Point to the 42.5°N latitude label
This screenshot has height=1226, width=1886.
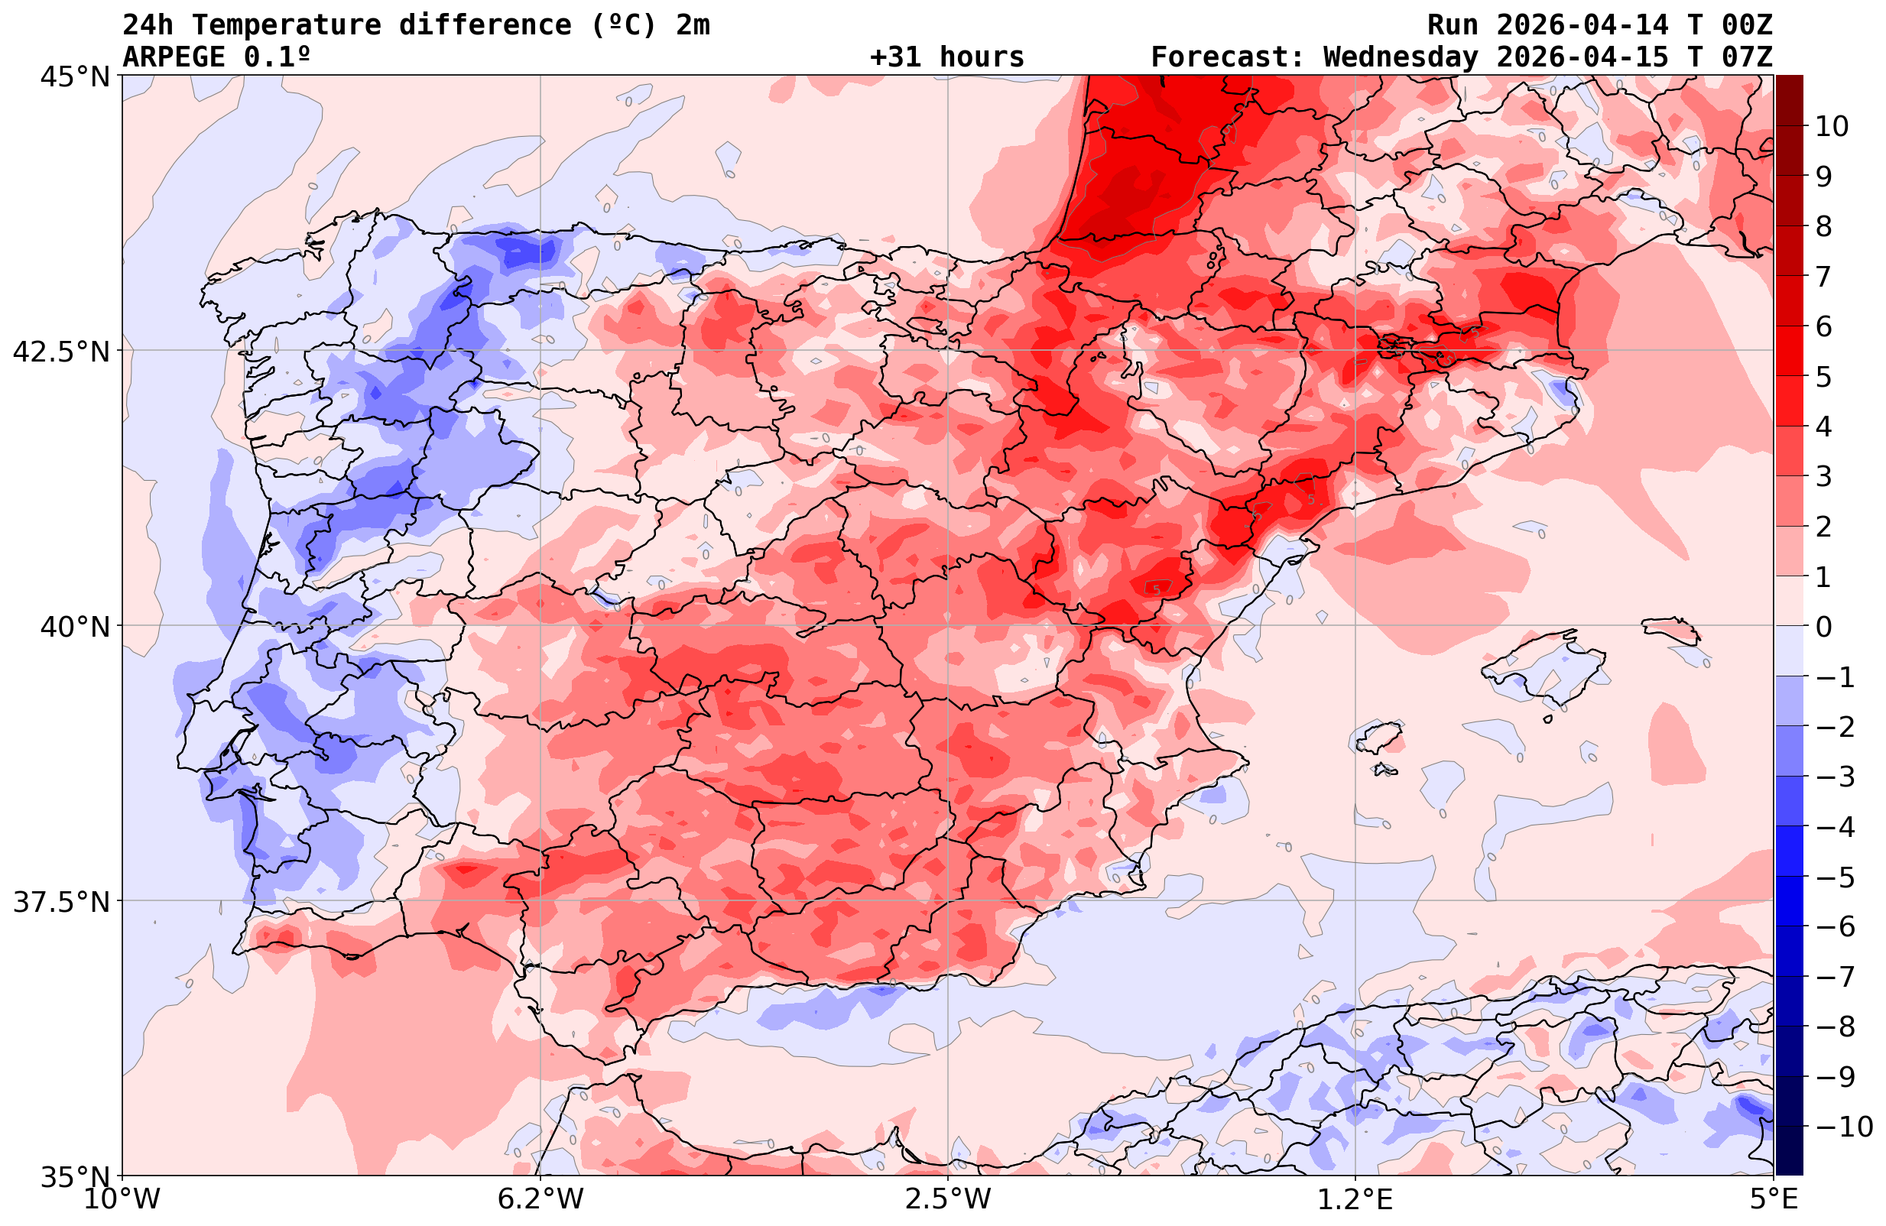pyautogui.click(x=61, y=352)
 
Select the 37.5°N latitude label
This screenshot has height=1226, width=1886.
pyautogui.click(x=61, y=903)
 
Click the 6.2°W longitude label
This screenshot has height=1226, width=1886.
pyautogui.click(x=540, y=1200)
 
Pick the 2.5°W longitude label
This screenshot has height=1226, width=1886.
pyautogui.click(x=948, y=1200)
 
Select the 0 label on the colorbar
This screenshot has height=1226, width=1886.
pyautogui.click(x=1823, y=627)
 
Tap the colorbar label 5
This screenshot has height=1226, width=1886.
pyautogui.click(x=1823, y=378)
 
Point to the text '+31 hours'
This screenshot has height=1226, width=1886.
pyautogui.click(x=947, y=57)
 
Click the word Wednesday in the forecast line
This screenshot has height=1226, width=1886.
pyautogui.click(x=1401, y=57)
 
